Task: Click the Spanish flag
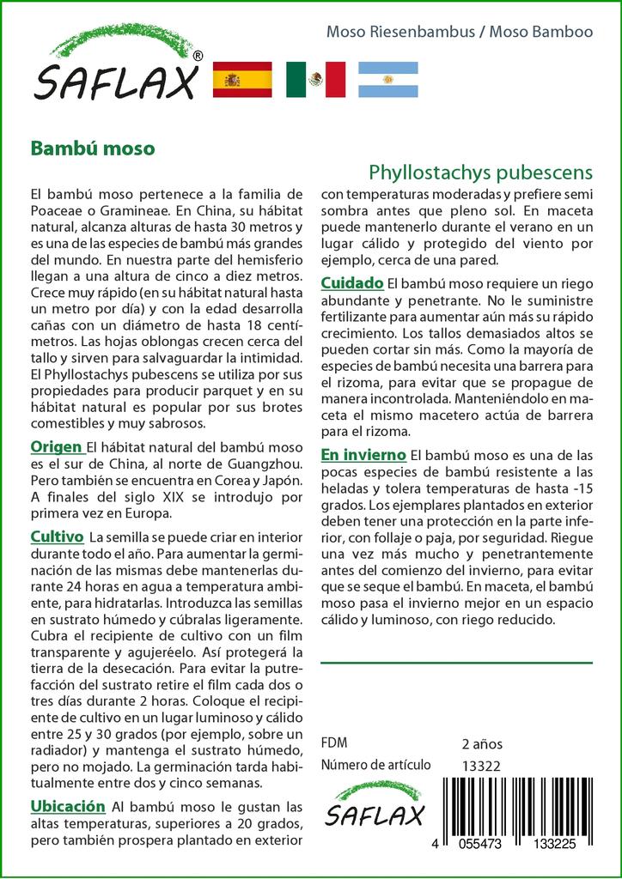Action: [x=241, y=80]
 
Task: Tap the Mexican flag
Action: [x=315, y=80]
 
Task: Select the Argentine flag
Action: [x=387, y=80]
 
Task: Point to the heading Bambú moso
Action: [x=93, y=148]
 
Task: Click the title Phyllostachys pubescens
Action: [x=480, y=174]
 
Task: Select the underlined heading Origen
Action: [x=57, y=447]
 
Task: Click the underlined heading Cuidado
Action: [x=352, y=282]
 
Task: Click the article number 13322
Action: [x=481, y=766]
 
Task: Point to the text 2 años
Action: [x=482, y=743]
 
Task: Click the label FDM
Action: [x=333, y=743]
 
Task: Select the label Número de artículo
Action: [x=375, y=765]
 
